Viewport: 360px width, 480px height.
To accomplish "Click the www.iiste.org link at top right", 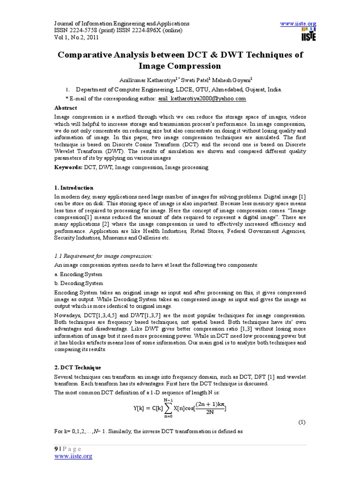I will [298, 23].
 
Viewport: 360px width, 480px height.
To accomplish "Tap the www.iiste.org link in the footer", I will [73, 456].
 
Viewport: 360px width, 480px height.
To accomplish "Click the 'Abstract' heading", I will [66, 108].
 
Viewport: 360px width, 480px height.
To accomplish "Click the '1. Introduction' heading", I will [74, 188].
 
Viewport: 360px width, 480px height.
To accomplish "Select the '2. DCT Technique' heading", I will [78, 367].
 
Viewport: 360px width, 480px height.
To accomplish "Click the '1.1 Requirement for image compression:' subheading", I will [104, 255].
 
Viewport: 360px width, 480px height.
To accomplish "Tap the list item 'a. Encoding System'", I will [78, 274].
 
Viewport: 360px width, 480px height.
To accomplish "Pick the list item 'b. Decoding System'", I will [79, 283].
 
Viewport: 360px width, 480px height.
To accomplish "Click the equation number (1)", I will [302, 422].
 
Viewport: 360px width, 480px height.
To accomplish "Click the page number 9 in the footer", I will [56, 449].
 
